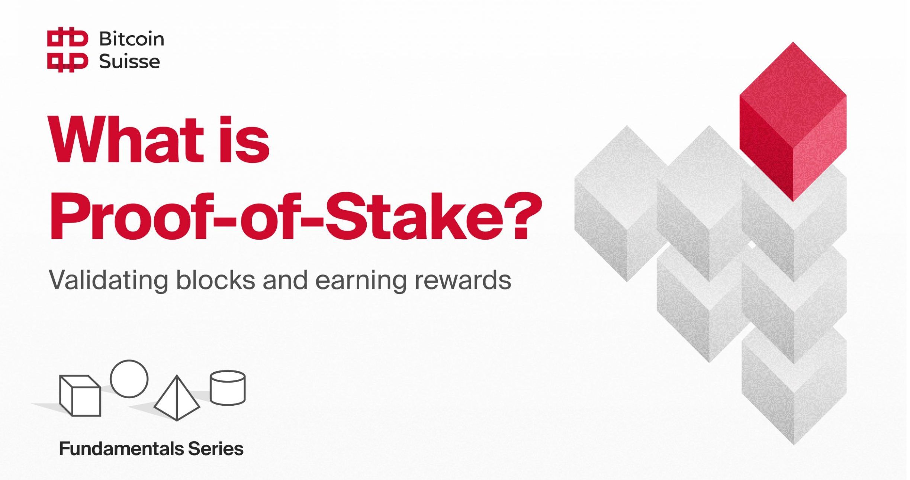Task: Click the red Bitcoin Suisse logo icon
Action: [x=67, y=50]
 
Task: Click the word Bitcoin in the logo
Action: [x=131, y=39]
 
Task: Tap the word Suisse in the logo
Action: [x=129, y=62]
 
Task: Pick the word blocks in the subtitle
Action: [x=216, y=280]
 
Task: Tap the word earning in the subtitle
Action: [x=361, y=281]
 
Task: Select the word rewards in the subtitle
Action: [x=463, y=280]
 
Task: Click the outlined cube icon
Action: [x=80, y=395]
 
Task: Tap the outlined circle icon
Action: [x=129, y=379]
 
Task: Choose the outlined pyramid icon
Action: [x=177, y=399]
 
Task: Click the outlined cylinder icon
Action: [x=228, y=387]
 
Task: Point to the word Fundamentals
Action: [x=121, y=449]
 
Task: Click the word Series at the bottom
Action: [x=216, y=449]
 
